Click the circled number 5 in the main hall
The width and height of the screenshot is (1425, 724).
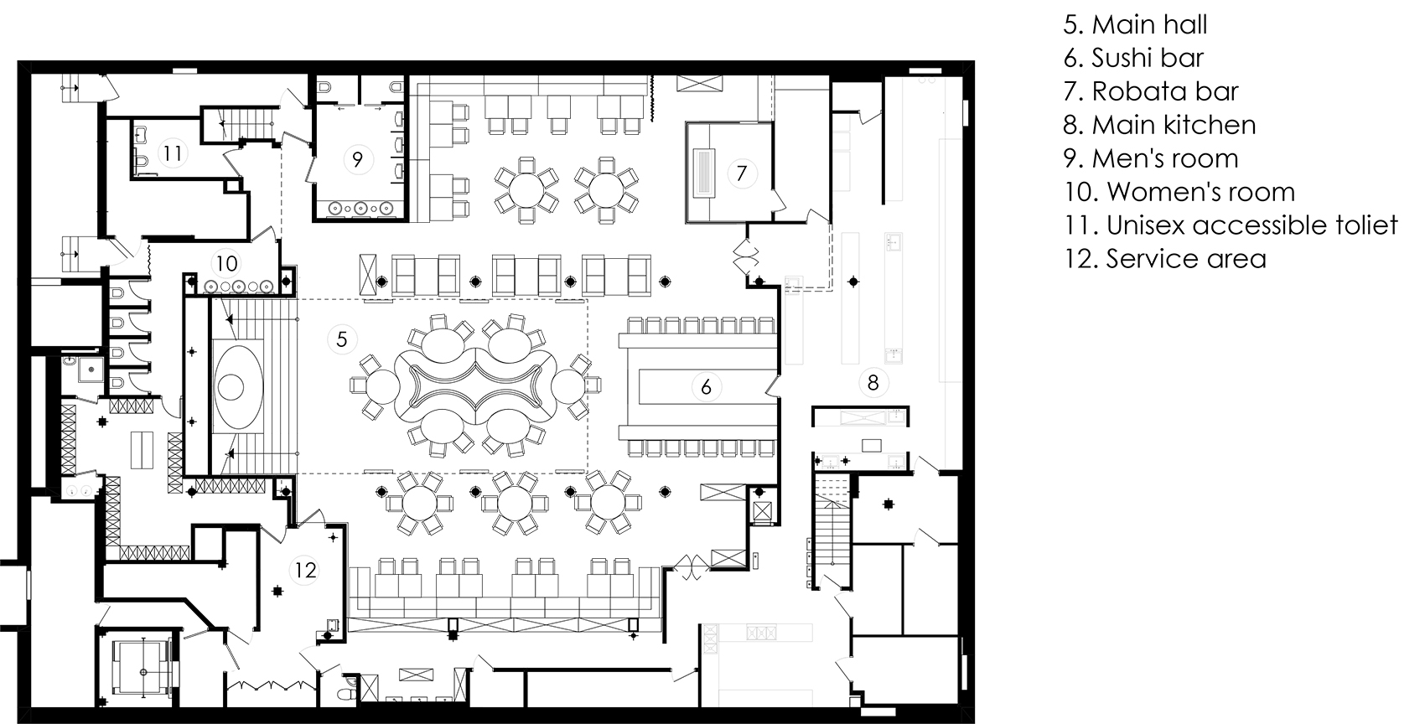pyautogui.click(x=342, y=339)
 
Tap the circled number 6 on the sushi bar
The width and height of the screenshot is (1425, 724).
pyautogui.click(x=706, y=387)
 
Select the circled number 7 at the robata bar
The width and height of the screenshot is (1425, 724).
pyautogui.click(x=741, y=173)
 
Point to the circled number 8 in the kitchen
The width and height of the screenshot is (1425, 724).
pyautogui.click(x=873, y=382)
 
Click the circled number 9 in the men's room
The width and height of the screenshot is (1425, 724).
pyautogui.click(x=357, y=159)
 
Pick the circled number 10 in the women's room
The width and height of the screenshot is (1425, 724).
pyautogui.click(x=226, y=263)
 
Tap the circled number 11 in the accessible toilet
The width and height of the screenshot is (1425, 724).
pyautogui.click(x=172, y=153)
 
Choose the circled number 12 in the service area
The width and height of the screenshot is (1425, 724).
pyautogui.click(x=305, y=570)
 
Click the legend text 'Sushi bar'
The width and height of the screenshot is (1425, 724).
pyautogui.click(x=1148, y=58)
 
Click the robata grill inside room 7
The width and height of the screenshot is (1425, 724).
pyautogui.click(x=704, y=173)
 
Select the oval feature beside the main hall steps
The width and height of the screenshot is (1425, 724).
pyautogui.click(x=236, y=386)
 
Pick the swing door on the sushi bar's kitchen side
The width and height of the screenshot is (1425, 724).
pyautogui.click(x=772, y=386)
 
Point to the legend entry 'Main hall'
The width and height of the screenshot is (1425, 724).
pyautogui.click(x=1136, y=25)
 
